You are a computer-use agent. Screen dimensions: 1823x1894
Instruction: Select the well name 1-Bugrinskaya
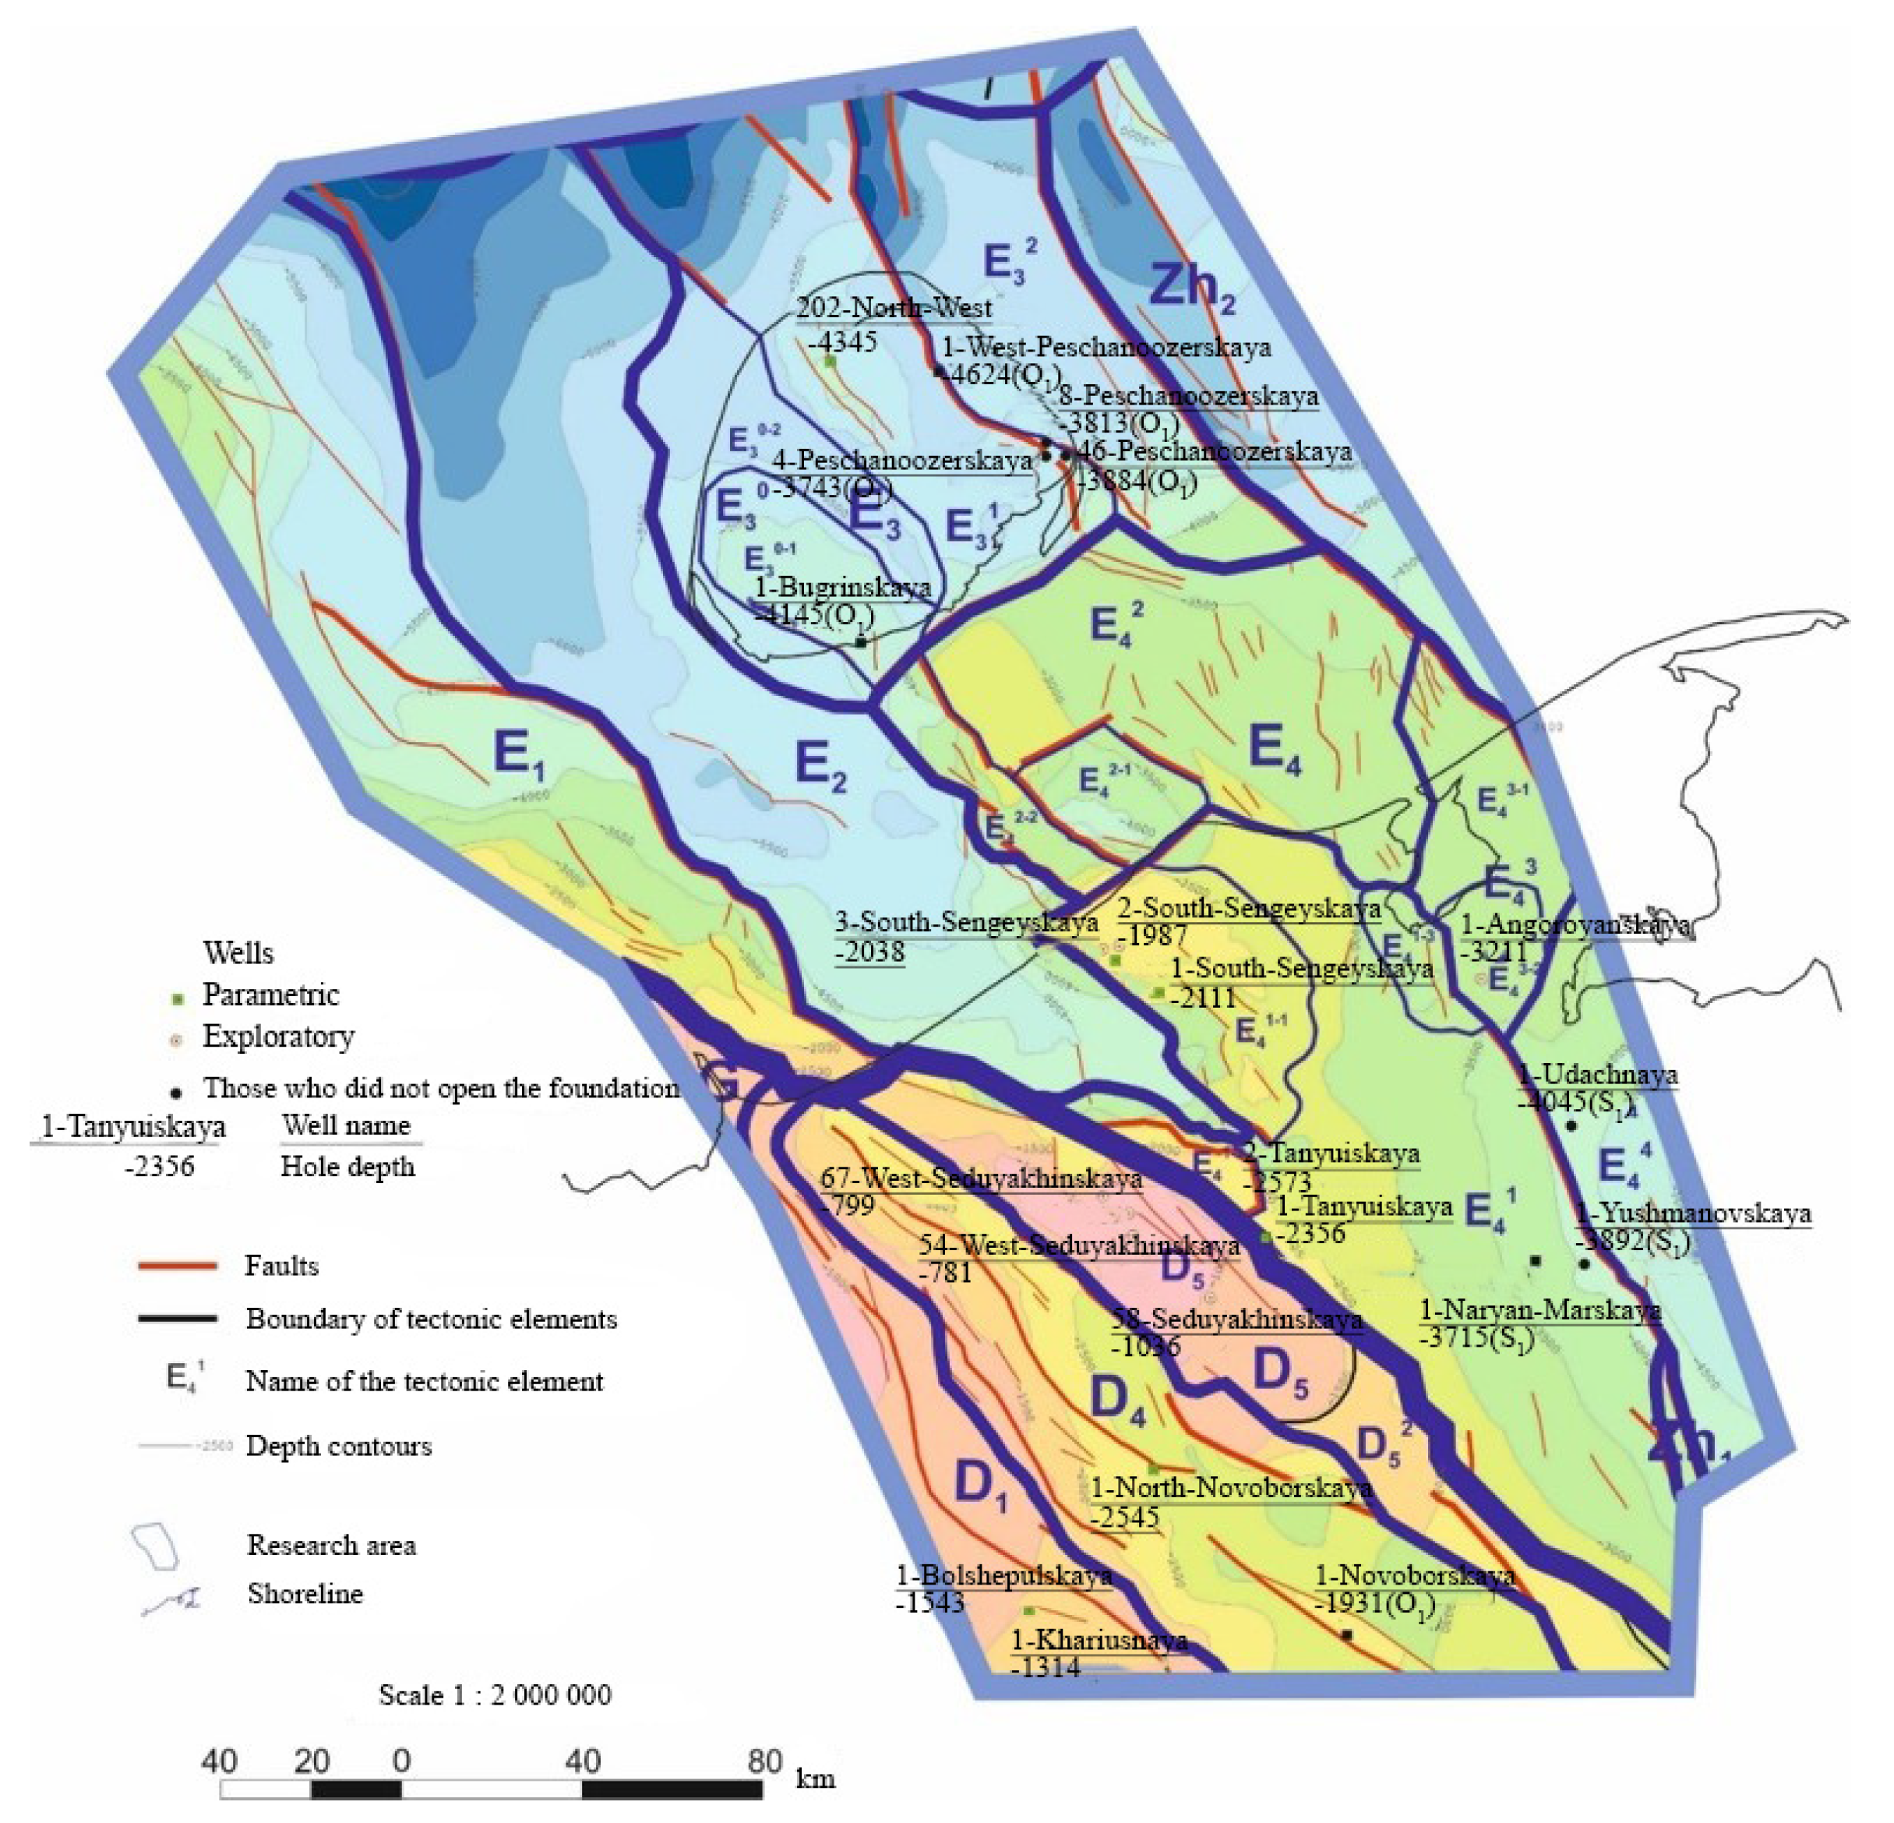click(x=841, y=587)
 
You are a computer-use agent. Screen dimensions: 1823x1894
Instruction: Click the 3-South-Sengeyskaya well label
click(x=966, y=923)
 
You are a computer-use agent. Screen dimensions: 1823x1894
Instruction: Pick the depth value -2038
click(x=869, y=952)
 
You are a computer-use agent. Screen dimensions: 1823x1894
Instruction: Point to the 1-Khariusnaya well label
click(x=1099, y=1641)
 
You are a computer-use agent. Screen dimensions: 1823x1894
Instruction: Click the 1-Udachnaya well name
click(x=1596, y=1075)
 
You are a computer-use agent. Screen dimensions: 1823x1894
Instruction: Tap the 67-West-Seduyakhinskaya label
click(x=981, y=1179)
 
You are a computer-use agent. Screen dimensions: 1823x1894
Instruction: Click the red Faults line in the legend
click(x=177, y=1265)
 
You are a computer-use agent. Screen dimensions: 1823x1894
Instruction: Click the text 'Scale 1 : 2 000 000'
click(x=495, y=1695)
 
